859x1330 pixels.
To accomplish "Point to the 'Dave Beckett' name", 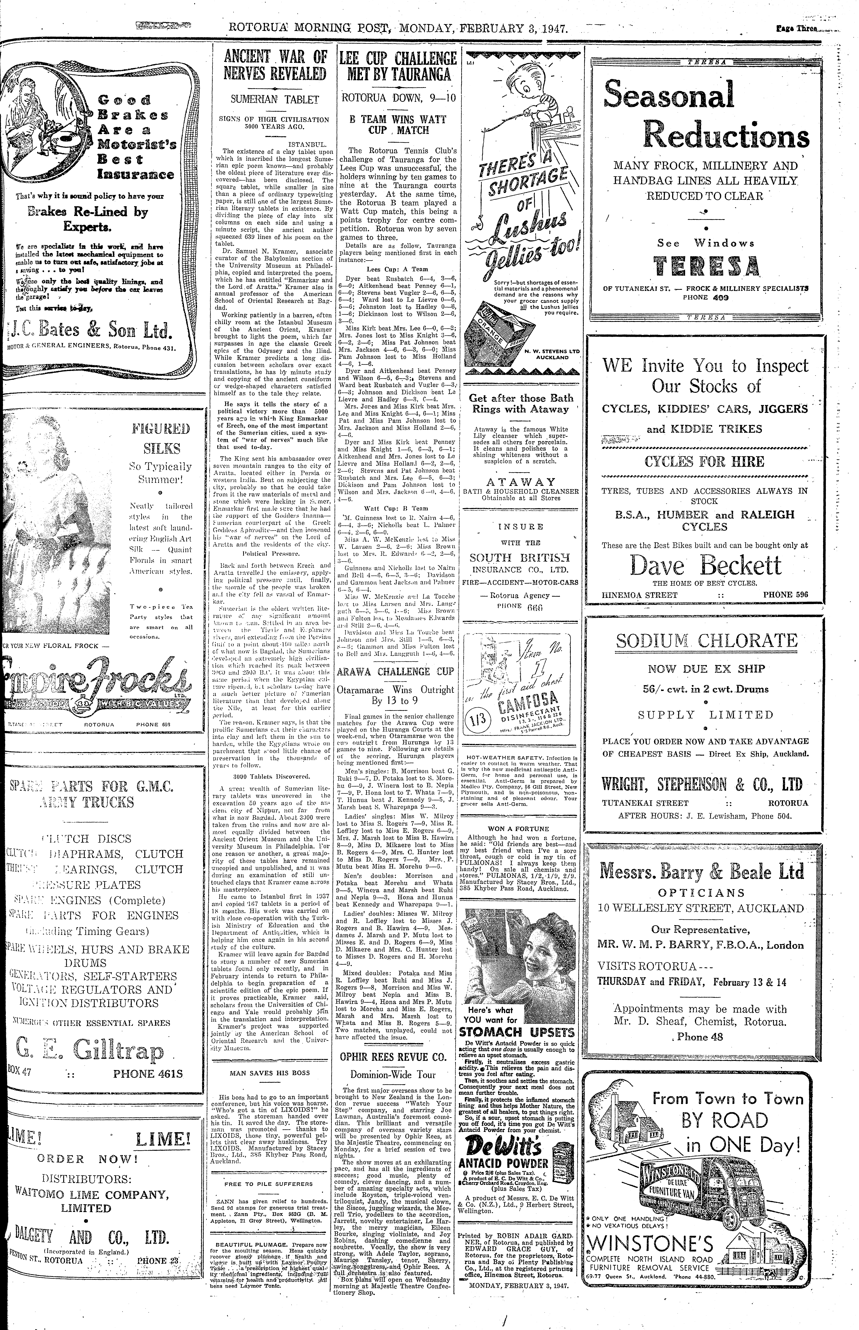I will (x=706, y=566).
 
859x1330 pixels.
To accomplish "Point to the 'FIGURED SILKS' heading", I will (x=160, y=438).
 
